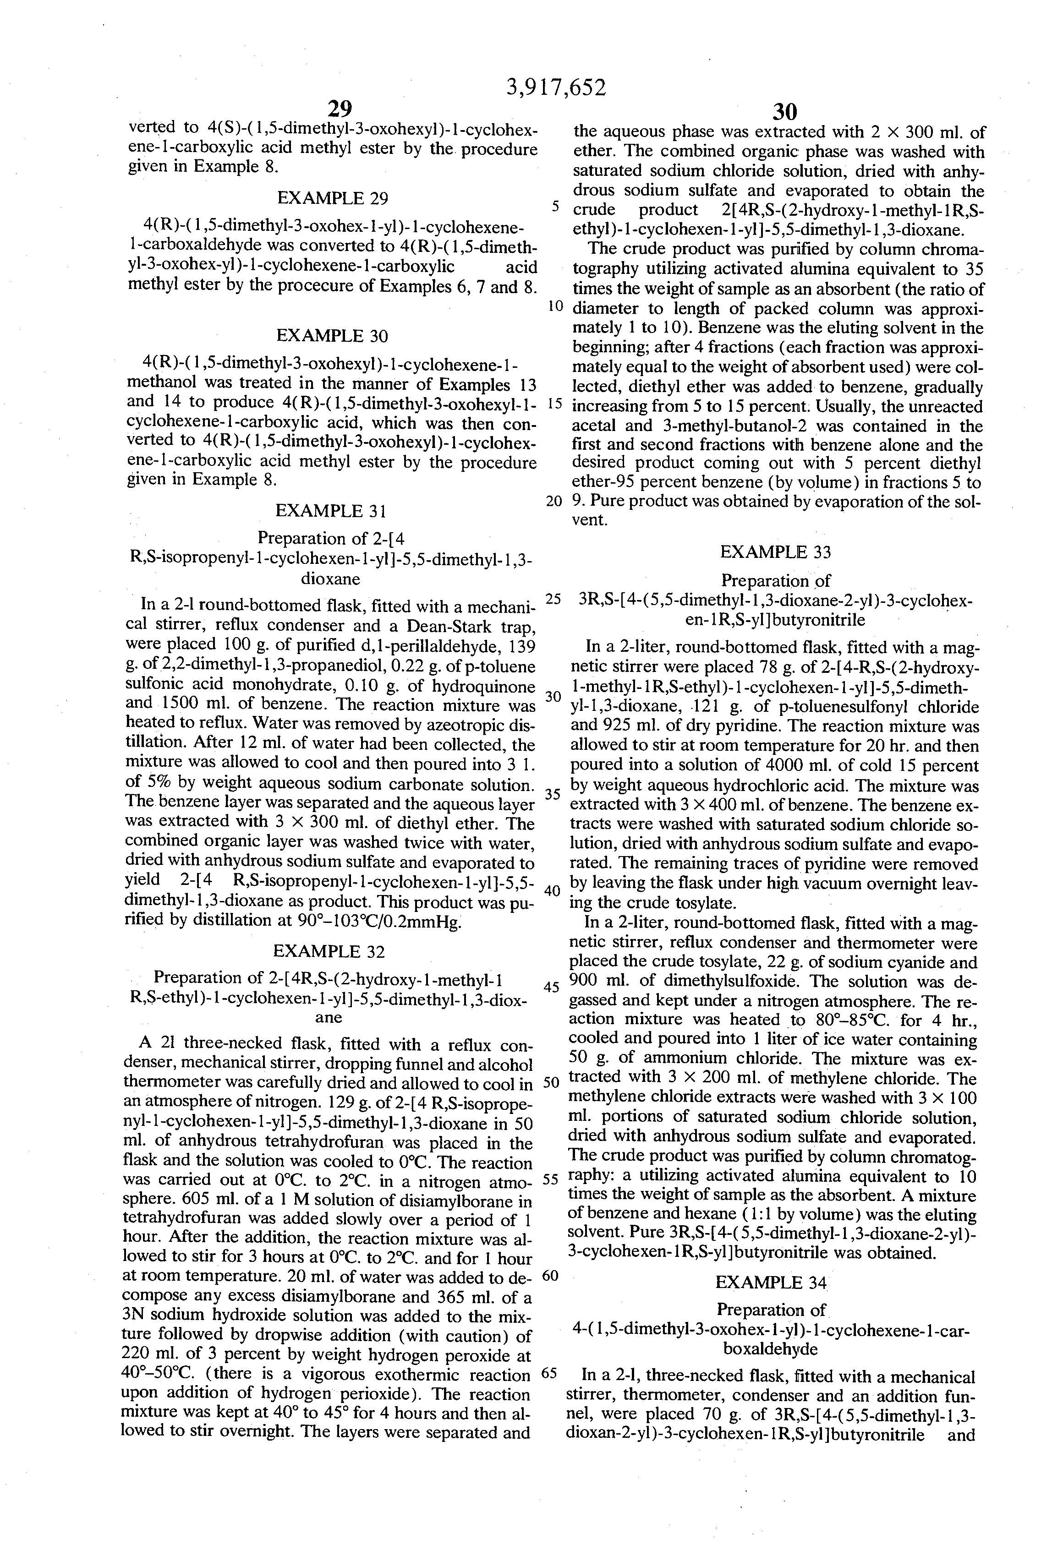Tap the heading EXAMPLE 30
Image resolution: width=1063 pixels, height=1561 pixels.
(332, 336)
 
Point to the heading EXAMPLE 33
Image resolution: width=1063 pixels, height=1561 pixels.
(775, 552)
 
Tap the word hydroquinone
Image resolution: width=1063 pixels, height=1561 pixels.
(481, 686)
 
